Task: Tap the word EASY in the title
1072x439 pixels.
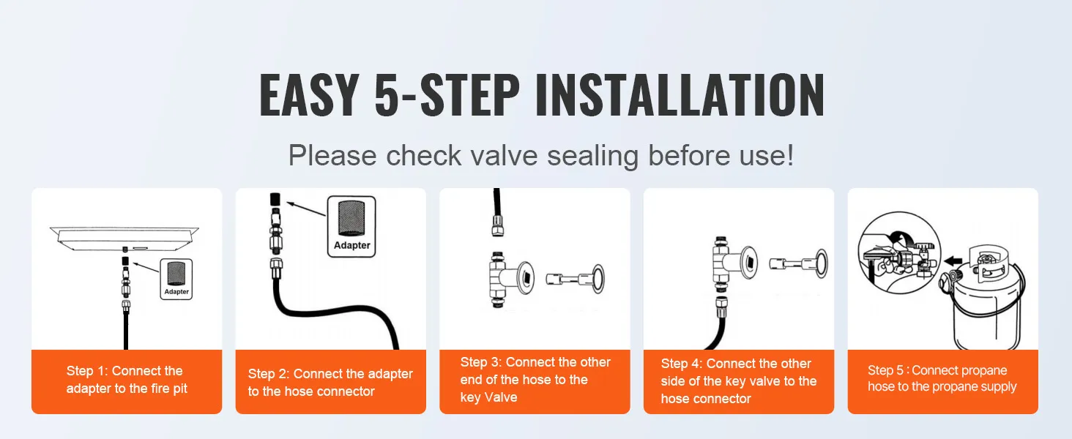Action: [x=309, y=96]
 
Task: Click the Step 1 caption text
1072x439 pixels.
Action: [x=126, y=380]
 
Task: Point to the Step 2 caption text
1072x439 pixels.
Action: [x=330, y=383]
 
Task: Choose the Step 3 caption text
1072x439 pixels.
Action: [x=535, y=380]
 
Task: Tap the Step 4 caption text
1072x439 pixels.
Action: [x=738, y=381]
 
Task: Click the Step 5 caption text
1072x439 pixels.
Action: [x=942, y=379]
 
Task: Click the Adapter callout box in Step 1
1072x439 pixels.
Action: [x=176, y=279]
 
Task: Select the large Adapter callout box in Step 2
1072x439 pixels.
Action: [x=351, y=226]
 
